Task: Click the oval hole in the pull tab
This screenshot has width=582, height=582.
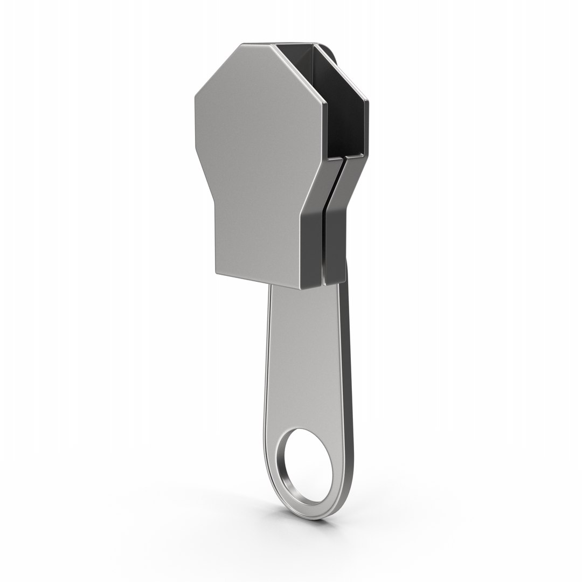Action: (x=307, y=465)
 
